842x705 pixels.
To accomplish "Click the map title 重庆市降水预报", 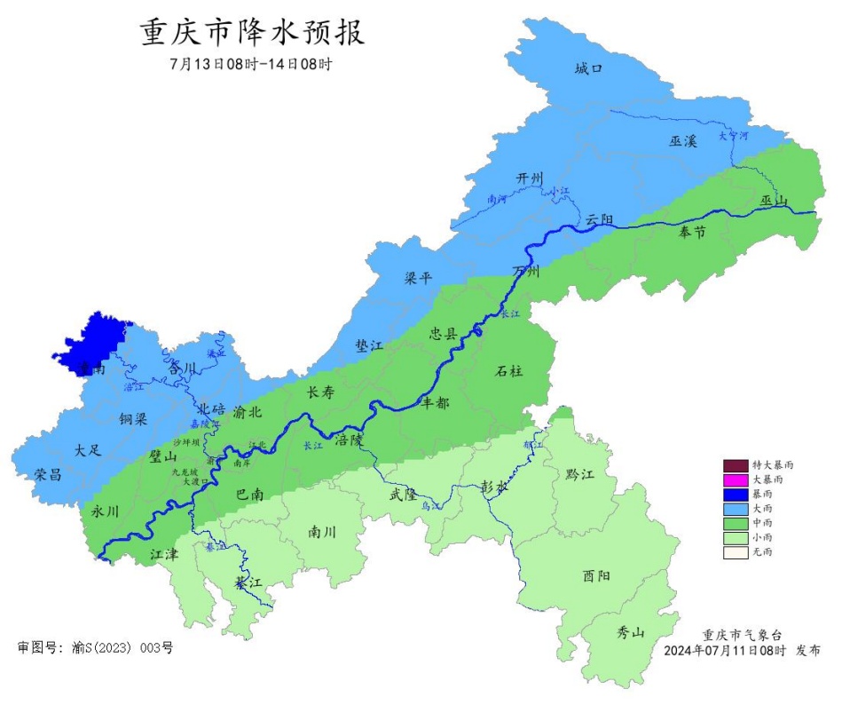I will pyautogui.click(x=253, y=33).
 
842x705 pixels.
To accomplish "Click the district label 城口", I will pyautogui.click(x=588, y=68).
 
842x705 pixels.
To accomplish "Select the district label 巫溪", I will pyautogui.click(x=683, y=141).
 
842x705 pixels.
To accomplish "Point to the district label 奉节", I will pyautogui.click(x=692, y=233).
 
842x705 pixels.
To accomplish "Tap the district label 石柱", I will pyautogui.click(x=508, y=371).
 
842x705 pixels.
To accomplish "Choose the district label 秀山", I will pyautogui.click(x=631, y=632).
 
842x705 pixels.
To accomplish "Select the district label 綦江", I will pyautogui.click(x=248, y=583).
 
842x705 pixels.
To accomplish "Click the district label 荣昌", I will pyautogui.click(x=48, y=474).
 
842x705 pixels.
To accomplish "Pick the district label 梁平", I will pyautogui.click(x=418, y=279).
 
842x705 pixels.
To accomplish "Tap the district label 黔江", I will pyautogui.click(x=578, y=475).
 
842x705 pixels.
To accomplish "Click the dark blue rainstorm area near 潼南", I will pyautogui.click(x=93, y=342).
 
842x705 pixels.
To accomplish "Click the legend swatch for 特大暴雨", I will pyautogui.click(x=735, y=465).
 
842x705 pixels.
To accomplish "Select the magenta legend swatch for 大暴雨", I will pyautogui.click(x=735, y=479).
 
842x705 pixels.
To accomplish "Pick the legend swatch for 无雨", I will pyautogui.click(x=735, y=552).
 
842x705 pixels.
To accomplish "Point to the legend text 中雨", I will pyautogui.click(x=762, y=523).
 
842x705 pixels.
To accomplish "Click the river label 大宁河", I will pyautogui.click(x=734, y=136).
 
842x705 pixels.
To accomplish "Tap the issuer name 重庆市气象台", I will pyautogui.click(x=743, y=635).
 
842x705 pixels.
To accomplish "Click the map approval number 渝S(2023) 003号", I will pyautogui.click(x=96, y=648).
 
